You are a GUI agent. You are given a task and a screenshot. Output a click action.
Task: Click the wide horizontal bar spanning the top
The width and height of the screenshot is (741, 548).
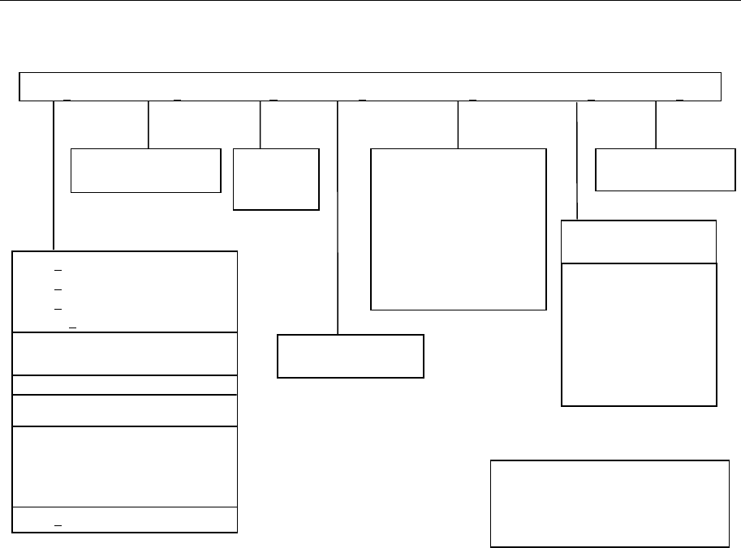point(370,86)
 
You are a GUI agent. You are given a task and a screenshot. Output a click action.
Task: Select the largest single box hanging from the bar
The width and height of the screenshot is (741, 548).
point(458,229)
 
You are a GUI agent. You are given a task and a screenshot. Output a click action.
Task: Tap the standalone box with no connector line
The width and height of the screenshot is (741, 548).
point(610,503)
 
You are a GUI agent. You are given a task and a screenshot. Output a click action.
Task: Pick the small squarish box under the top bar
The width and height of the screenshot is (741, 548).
point(276,179)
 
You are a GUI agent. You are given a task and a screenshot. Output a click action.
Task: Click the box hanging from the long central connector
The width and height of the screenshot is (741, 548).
point(351,356)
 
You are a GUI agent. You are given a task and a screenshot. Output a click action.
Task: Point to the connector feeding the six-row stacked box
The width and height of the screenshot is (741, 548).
point(54,175)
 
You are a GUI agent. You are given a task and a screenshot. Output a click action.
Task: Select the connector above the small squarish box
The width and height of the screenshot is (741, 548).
point(260,124)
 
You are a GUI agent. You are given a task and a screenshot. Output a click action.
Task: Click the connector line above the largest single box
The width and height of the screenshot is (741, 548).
point(459,124)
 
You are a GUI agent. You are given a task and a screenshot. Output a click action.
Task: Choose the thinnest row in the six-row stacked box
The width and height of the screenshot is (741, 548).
point(125,384)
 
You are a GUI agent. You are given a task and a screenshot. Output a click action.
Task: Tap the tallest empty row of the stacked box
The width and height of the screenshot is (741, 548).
point(125,466)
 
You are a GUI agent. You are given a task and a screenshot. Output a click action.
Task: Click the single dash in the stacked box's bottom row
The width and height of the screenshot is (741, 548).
point(58,525)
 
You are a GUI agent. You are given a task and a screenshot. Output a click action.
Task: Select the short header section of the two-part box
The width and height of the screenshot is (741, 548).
point(639,241)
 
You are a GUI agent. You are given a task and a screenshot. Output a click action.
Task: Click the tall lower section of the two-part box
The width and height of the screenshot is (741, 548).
point(639,334)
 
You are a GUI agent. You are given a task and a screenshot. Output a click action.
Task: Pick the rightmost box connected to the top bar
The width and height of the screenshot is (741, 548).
point(665,169)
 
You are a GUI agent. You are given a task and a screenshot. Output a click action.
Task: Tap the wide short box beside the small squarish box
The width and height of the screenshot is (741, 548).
point(146,170)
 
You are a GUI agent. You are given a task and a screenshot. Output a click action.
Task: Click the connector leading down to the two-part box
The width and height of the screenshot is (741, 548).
point(576,160)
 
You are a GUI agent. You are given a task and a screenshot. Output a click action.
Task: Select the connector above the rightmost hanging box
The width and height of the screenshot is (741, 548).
point(656,124)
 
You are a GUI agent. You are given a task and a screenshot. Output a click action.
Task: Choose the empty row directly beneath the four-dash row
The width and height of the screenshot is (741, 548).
point(125,353)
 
